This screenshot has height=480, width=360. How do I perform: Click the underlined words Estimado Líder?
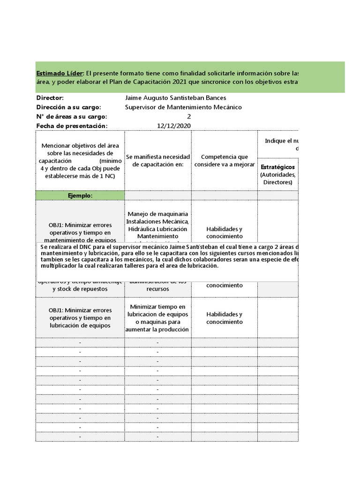[60, 73]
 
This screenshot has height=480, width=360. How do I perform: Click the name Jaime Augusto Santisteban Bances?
[176, 98]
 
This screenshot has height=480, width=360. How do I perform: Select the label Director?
[50, 98]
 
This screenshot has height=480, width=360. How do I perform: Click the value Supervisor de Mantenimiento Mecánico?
[184, 107]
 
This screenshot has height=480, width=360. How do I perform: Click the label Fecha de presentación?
[72, 126]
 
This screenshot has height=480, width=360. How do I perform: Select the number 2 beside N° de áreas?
[189, 117]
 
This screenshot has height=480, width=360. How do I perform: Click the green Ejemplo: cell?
[80, 195]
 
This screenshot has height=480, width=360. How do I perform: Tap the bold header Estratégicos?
[277, 167]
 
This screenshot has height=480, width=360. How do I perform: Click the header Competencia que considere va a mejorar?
[224, 161]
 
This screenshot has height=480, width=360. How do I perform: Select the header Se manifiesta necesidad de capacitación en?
[158, 161]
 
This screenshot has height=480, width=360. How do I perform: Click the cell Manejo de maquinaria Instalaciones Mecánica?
[158, 217]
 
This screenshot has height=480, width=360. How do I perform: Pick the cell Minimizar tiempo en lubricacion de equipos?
[158, 318]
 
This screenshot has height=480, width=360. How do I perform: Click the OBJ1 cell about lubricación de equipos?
[80, 318]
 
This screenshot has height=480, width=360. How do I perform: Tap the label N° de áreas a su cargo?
[72, 117]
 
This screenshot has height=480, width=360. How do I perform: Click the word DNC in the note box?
[86, 247]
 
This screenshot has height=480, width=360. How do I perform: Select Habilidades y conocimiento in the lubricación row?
[224, 318]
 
